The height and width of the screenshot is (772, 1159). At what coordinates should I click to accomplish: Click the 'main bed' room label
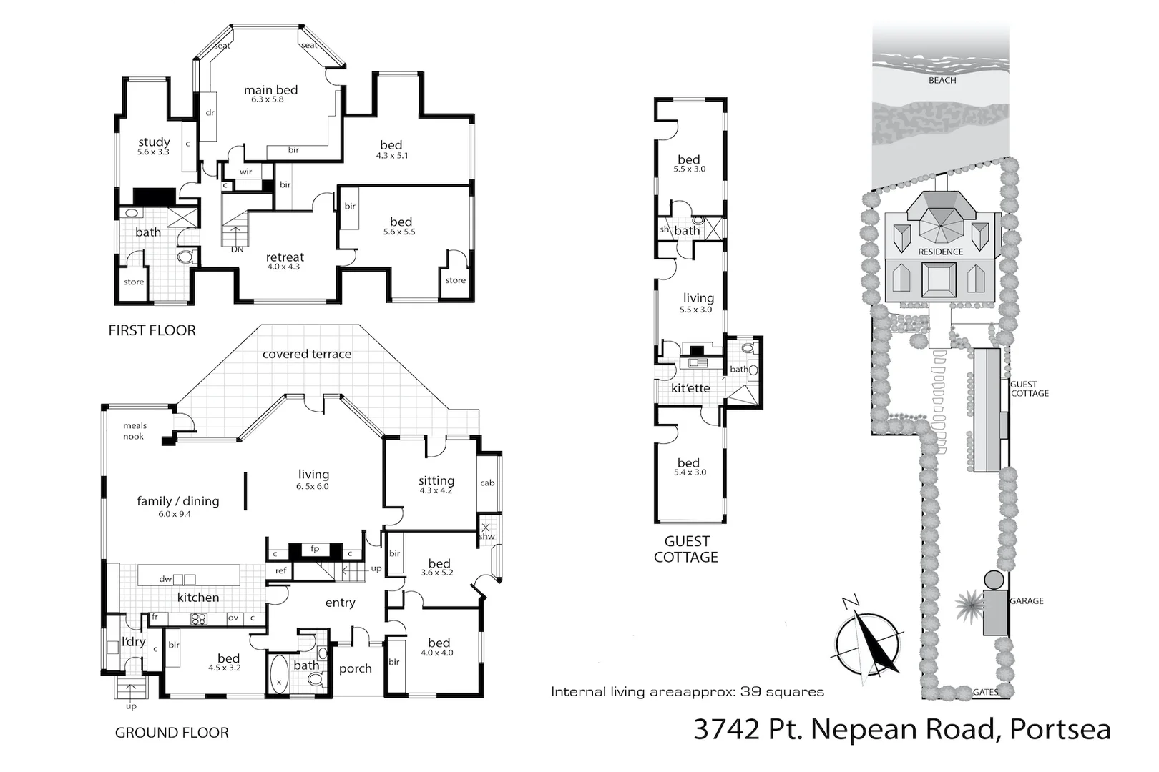(270, 90)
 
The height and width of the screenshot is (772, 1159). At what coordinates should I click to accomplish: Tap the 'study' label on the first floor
(154, 142)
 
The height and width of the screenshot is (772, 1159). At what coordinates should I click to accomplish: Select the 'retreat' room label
(285, 257)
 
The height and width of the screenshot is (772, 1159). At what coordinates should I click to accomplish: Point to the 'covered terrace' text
(306, 354)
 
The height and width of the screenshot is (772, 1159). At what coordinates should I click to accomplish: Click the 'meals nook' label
(134, 431)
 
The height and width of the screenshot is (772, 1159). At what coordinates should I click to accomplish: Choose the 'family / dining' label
(177, 501)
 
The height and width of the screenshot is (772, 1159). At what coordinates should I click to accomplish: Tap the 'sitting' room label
(436, 481)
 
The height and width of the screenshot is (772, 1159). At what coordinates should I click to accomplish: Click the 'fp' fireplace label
(315, 549)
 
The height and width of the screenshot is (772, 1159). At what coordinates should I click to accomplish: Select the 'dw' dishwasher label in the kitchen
(165, 579)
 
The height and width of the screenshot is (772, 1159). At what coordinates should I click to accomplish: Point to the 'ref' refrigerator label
(280, 570)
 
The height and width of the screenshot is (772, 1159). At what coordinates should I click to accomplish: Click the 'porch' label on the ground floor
(355, 668)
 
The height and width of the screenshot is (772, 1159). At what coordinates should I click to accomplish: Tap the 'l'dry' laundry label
(133, 642)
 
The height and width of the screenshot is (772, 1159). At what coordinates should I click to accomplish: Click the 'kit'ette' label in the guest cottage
(690, 388)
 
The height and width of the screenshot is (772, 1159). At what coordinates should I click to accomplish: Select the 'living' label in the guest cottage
(698, 298)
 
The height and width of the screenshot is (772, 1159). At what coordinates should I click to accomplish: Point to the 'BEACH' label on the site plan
(942, 81)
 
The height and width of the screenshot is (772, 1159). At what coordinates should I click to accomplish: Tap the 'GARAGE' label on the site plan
(1027, 601)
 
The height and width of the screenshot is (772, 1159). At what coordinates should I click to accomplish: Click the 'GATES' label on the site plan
(986, 692)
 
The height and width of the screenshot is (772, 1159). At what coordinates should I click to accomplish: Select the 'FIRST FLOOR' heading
(152, 330)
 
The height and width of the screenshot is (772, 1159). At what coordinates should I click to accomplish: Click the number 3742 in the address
(727, 729)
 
